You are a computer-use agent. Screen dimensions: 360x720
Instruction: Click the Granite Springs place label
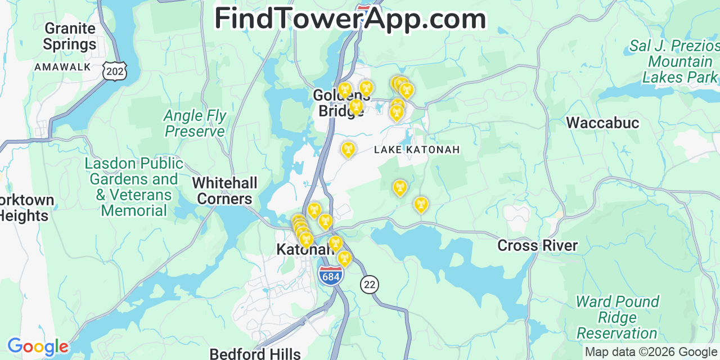tap(70, 36)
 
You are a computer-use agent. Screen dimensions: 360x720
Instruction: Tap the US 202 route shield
tap(114, 70)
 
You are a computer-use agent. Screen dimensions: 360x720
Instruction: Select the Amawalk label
tap(62, 67)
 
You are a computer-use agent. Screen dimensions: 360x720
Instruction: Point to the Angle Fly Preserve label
tap(195, 124)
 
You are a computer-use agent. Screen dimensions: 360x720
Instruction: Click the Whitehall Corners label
tap(224, 191)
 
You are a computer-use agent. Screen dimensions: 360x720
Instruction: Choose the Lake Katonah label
tap(417, 150)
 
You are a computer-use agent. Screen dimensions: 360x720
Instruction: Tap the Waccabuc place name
tap(602, 123)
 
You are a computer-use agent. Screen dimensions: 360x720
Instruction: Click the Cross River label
tap(537, 246)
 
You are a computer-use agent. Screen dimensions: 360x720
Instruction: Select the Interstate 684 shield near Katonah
tap(331, 276)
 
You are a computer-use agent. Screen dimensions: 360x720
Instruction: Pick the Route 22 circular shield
tap(370, 285)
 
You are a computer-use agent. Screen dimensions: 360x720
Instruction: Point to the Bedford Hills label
tap(255, 354)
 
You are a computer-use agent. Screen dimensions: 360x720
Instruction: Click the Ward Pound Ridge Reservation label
tap(617, 317)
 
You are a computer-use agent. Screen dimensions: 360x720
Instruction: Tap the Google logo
tap(37, 346)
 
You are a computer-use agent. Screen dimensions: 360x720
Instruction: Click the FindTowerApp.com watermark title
tap(350, 19)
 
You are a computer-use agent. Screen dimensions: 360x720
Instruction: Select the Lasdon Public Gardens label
tap(134, 187)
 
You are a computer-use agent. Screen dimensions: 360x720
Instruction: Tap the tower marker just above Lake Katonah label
tap(348, 149)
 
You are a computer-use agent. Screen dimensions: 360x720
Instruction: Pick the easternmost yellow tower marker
tap(421, 205)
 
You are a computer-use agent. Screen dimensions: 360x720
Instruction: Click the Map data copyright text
tap(651, 352)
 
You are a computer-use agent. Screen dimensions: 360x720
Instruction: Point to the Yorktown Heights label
tap(26, 208)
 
